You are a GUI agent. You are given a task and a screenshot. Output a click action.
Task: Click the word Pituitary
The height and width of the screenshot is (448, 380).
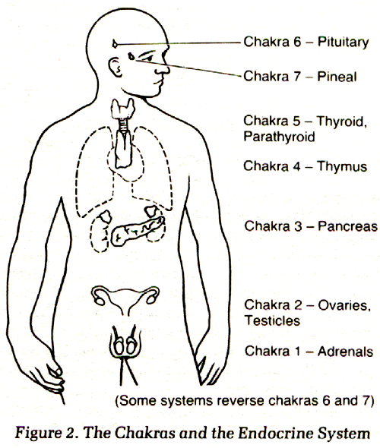[343, 43]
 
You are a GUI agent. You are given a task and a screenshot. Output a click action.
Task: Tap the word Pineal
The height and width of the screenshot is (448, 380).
[337, 77]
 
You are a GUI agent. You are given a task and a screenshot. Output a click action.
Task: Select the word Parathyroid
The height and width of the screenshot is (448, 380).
[279, 137]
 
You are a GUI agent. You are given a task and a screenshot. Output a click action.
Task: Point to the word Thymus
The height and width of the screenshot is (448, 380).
[342, 167]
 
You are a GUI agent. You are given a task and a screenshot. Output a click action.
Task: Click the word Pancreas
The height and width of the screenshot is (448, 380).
[347, 226]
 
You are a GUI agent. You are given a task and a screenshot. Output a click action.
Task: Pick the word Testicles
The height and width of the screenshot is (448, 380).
[273, 320]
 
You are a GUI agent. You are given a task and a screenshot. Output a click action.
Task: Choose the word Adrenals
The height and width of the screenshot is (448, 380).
[345, 351]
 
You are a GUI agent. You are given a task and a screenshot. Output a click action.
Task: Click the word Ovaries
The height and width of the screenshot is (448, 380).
[344, 305]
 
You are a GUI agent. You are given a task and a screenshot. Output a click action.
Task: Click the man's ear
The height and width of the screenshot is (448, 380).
[116, 68]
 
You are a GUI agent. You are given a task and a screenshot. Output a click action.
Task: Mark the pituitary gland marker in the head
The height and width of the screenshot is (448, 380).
[115, 44]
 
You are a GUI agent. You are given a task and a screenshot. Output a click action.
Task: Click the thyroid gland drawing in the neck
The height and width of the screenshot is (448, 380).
[123, 109]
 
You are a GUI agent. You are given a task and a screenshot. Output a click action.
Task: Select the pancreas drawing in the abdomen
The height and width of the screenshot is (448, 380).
[138, 231]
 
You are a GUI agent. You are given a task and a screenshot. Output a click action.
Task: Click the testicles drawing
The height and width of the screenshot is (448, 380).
[125, 344]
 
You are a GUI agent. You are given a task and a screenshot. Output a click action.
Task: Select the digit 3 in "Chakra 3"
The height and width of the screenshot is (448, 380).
[297, 226]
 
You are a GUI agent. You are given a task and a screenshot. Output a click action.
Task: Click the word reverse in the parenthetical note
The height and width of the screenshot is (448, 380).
[237, 401]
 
